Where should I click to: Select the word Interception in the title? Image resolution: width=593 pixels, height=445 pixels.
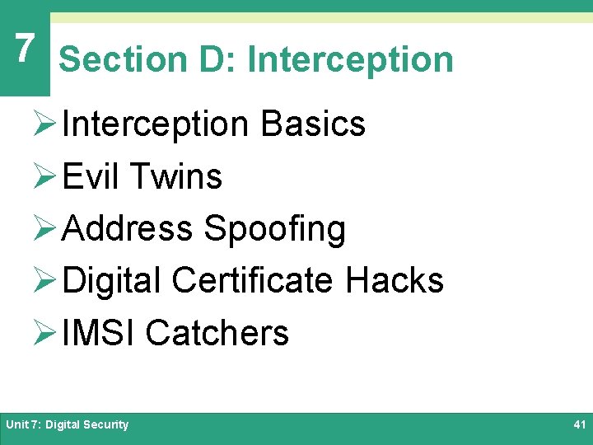(350, 59)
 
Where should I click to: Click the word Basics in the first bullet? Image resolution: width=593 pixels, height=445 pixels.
(313, 124)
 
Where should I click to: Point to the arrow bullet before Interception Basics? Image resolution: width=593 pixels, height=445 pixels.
(47, 124)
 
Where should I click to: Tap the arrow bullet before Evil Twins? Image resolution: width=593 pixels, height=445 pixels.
(47, 176)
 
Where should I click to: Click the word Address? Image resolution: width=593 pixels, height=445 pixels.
(128, 229)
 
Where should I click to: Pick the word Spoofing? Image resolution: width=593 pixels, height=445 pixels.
(274, 229)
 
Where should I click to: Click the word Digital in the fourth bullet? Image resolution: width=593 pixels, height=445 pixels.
(112, 281)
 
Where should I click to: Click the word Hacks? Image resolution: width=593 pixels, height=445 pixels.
(395, 281)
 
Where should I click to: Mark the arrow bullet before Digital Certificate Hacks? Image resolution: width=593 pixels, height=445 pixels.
(47, 281)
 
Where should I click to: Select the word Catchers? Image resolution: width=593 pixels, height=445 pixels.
(217, 334)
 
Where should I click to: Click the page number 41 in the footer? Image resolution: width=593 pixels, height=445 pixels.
(578, 424)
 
